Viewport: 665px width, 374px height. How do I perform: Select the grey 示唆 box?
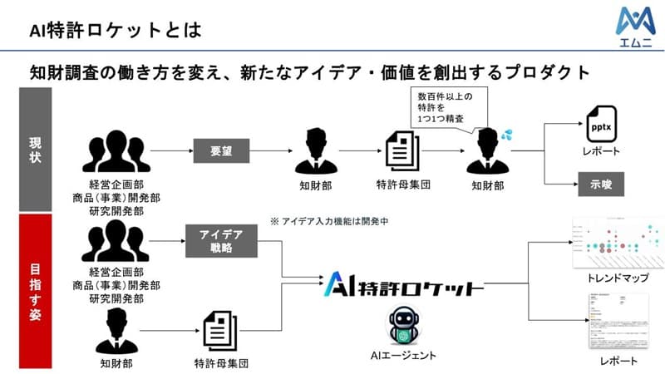point(601,183)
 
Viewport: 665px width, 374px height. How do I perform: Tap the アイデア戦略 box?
point(220,242)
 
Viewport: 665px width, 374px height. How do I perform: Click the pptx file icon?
point(601,125)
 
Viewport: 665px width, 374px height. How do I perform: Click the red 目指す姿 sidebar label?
point(35,288)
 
